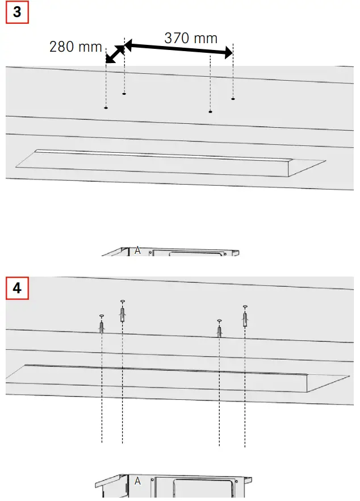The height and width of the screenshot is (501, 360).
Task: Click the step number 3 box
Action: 17,12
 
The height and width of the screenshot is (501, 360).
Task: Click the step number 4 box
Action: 17,288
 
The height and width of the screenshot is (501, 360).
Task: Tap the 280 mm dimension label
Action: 76,47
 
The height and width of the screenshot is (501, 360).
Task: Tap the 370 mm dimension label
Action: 191,38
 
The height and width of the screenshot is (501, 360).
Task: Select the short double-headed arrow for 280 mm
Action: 115,54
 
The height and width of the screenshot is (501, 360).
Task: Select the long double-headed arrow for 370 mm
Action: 178,49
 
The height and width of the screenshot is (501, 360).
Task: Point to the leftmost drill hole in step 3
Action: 106,107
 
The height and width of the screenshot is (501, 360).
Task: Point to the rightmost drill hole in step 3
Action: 233,99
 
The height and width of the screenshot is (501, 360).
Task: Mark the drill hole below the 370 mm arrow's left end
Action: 124,94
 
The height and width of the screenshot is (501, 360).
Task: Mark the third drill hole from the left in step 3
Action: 211,112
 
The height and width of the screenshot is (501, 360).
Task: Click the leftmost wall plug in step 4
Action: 102,326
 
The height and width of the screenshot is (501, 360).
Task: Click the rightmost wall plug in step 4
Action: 245,318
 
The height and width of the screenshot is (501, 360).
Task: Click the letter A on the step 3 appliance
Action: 137,250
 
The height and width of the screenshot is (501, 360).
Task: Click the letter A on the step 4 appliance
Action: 137,481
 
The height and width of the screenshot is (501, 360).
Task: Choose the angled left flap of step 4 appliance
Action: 108,483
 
